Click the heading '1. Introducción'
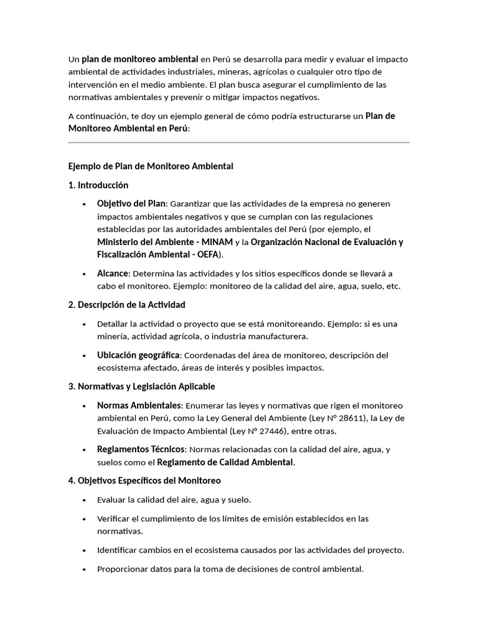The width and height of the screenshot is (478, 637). coord(98,185)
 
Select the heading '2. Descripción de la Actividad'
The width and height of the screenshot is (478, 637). coord(126,305)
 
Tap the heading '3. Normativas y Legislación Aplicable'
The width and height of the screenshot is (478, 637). coord(141,386)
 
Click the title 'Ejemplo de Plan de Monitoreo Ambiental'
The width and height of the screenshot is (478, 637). coord(150,166)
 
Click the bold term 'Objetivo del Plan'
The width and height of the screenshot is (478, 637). coord(131,203)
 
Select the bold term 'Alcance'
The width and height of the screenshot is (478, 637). coord(112,274)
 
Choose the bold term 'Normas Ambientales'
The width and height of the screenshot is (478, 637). coord(139,406)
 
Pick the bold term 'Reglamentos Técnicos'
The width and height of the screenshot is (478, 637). coord(141,449)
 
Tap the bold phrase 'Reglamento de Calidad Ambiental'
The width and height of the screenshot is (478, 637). coord(225,462)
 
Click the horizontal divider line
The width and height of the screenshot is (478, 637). coord(238,143)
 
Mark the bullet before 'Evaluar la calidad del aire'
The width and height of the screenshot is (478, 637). coord(84,500)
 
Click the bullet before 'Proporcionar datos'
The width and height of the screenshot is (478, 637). coord(84,569)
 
